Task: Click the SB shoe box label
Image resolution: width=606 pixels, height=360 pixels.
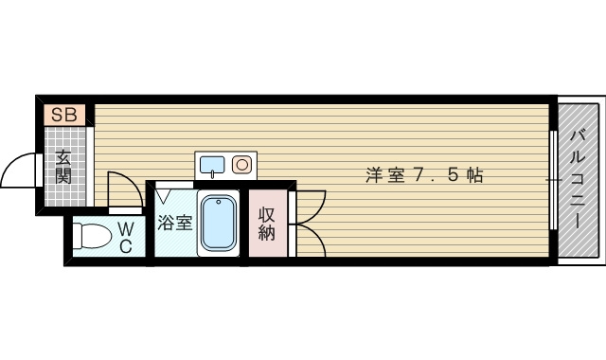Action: click(65, 116)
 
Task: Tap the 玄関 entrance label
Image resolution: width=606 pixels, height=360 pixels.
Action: click(63, 167)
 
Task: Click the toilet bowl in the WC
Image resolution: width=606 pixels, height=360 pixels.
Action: click(92, 233)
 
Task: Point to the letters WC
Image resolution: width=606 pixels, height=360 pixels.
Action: click(125, 237)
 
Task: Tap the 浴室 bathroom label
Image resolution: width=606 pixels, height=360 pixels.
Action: click(174, 224)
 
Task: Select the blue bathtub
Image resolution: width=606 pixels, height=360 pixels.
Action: click(219, 224)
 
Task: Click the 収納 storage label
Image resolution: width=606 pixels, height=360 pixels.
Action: click(266, 223)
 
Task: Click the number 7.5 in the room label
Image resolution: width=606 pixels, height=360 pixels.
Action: click(435, 175)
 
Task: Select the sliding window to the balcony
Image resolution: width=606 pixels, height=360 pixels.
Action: click(552, 178)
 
